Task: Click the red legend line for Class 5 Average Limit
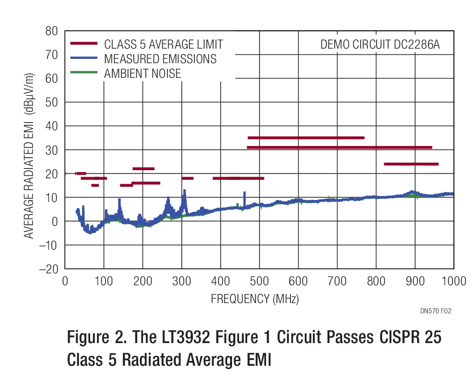click(84, 43)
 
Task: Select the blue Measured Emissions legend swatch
click(84, 58)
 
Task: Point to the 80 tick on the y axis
click(52, 31)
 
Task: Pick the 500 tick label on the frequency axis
click(260, 281)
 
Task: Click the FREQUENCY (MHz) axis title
click(254, 298)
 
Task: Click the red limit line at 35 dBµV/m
click(305, 138)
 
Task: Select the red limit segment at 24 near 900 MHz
click(411, 164)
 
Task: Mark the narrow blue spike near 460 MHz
click(244, 198)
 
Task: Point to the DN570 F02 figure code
click(435, 311)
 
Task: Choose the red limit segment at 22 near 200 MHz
click(144, 169)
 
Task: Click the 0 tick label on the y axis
click(55, 222)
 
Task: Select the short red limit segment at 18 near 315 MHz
click(187, 178)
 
